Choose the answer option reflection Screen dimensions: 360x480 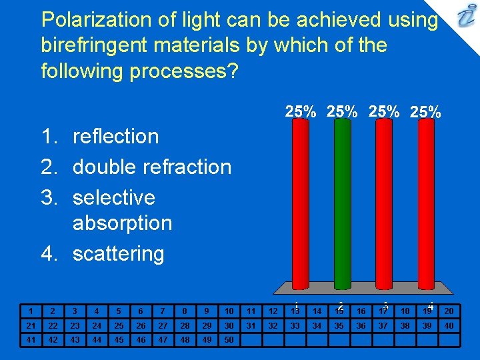click(115, 136)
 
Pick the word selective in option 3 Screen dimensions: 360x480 click(113, 197)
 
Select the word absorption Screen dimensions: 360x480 click(122, 223)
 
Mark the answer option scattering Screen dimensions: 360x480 click(118, 253)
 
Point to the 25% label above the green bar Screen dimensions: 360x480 click(342, 112)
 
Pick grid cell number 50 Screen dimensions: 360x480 click(229, 340)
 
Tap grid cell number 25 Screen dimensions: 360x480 click(118, 325)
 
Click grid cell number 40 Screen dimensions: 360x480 click(449, 325)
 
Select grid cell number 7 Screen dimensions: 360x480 click(162, 311)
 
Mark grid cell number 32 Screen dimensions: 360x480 click(273, 325)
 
